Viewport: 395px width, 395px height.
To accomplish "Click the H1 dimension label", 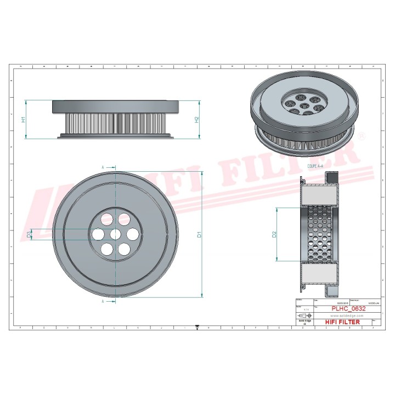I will (x=23, y=119).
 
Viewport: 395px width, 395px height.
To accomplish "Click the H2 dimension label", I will (x=196, y=119).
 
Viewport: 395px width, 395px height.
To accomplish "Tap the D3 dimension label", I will (x=29, y=234).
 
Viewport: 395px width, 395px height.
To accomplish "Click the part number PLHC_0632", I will (x=348, y=309).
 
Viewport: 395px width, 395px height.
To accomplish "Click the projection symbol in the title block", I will (x=303, y=317).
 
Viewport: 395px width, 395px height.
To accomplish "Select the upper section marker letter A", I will (x=103, y=166).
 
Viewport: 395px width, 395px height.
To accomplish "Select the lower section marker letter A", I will (x=103, y=301).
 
